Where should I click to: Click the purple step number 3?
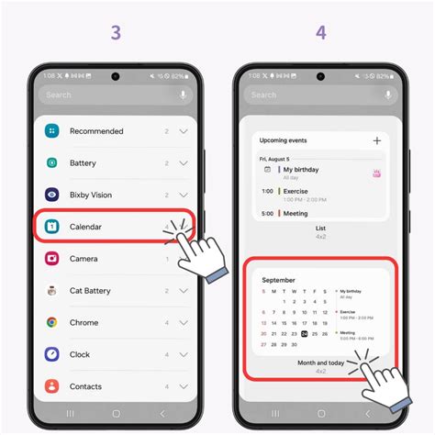coord(115,32)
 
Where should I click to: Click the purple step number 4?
coord(320,32)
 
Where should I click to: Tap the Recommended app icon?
coord(52,131)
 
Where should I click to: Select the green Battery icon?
coord(52,162)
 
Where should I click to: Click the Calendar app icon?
coord(52,227)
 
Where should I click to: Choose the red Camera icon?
coord(52,259)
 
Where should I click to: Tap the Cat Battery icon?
coord(52,291)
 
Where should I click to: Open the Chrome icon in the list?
coord(52,322)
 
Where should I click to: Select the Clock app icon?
coord(52,354)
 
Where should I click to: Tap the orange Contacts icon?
coord(52,385)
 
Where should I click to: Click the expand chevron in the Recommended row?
coord(184,131)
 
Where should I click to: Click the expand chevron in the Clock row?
coord(184,354)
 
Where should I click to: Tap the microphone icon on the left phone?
coord(184,95)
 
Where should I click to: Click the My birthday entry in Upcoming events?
coord(301,170)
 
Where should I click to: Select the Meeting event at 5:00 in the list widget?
coord(296,214)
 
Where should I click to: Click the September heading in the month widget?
coord(279,280)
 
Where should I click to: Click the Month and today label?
coord(320,362)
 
